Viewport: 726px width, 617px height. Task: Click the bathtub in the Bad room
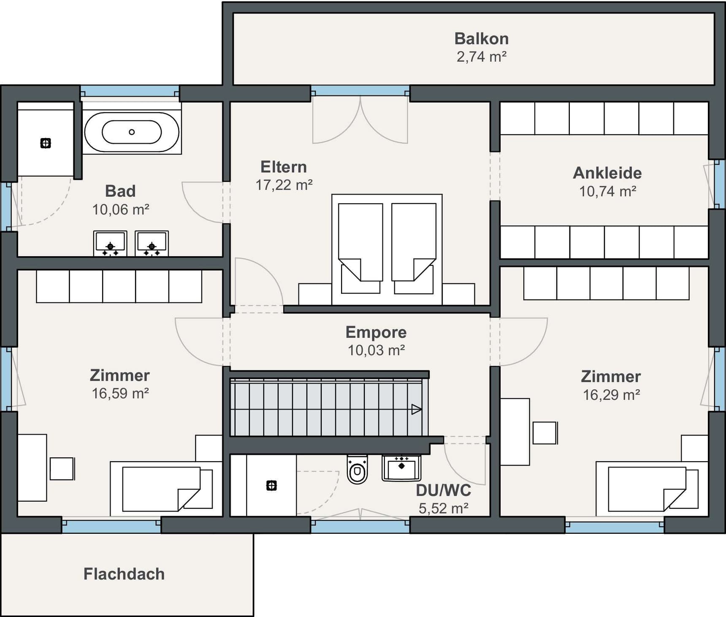click(132, 132)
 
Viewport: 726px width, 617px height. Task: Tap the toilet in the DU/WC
click(357, 469)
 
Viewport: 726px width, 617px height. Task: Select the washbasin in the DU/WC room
click(401, 468)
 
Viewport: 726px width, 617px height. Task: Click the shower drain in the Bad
click(46, 143)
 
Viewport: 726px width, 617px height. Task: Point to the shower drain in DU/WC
click(271, 486)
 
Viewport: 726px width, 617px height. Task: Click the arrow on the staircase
click(416, 409)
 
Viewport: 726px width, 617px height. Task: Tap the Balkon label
click(482, 38)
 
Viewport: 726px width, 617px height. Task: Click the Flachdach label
click(124, 574)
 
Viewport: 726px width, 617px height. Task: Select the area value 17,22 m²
click(284, 185)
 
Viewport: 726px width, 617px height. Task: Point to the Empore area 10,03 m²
click(376, 350)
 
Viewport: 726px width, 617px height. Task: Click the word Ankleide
click(607, 173)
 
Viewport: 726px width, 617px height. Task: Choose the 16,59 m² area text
click(120, 393)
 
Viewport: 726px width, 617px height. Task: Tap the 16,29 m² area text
click(611, 395)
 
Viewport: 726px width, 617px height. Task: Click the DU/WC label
click(444, 490)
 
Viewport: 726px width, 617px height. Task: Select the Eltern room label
click(284, 167)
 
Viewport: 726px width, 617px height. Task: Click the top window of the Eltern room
click(360, 90)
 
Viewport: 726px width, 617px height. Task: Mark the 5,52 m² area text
click(444, 508)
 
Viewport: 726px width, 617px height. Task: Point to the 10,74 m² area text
click(607, 191)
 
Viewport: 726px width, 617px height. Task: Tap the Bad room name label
click(120, 191)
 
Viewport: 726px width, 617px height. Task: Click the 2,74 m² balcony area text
click(482, 57)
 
